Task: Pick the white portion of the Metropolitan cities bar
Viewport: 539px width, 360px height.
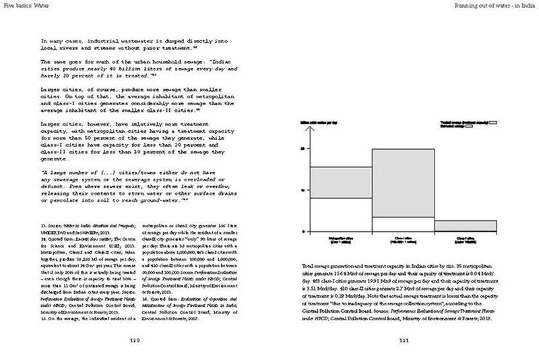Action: click(x=340, y=214)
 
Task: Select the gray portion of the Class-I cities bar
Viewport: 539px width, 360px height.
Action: click(x=403, y=183)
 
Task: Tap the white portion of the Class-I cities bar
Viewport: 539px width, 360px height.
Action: click(x=403, y=224)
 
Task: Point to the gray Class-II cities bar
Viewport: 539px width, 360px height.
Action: click(x=465, y=225)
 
